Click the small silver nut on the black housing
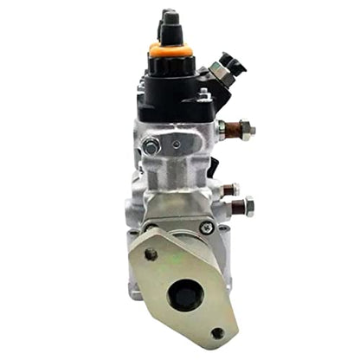pyautogui.click(x=204, y=94)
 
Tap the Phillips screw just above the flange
pyautogui.click(x=207, y=228)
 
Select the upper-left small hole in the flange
pyautogui.click(x=151, y=254)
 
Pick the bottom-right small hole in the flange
pyautogui.click(x=217, y=332)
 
